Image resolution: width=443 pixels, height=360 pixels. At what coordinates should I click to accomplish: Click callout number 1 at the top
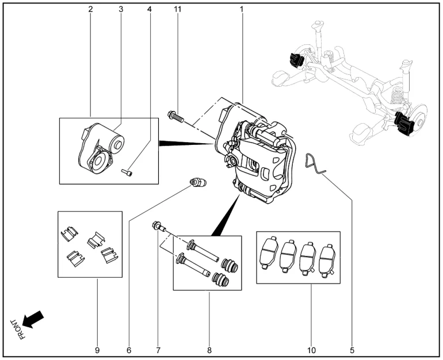[x=242, y=10]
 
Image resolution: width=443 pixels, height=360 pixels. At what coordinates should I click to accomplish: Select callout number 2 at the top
[x=91, y=10]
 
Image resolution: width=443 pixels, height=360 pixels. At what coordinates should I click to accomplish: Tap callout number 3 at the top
[x=121, y=10]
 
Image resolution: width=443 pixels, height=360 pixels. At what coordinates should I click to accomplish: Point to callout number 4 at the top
[x=150, y=10]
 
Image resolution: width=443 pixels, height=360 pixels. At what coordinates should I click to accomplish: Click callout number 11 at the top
[x=178, y=10]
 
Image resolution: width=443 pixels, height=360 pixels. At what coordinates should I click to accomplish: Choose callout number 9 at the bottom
[x=97, y=350]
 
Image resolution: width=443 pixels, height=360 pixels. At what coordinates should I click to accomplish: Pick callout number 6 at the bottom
[x=129, y=350]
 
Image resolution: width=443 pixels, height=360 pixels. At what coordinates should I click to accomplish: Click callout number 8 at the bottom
[x=209, y=350]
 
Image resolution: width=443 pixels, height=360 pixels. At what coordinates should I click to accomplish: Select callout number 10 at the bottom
[x=311, y=350]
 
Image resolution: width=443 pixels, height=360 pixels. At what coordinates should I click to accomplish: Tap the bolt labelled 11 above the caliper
[x=175, y=117]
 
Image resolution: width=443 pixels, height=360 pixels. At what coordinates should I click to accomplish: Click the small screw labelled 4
[x=127, y=171]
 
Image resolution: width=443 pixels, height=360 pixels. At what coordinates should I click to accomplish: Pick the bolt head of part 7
[x=156, y=225]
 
